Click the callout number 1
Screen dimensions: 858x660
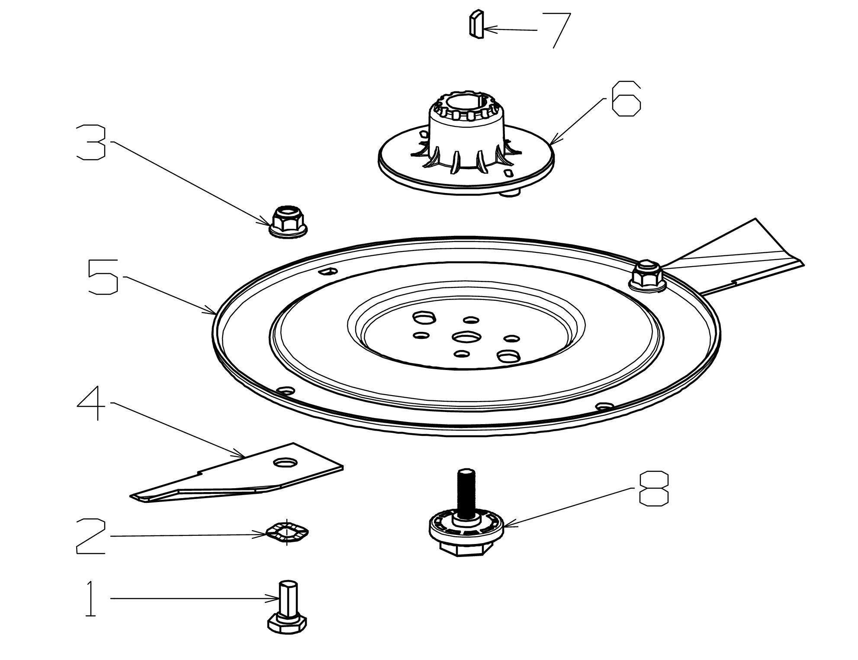click(90, 599)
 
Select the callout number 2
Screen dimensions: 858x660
click(91, 536)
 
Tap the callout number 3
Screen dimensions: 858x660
click(91, 142)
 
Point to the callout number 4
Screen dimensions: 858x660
click(92, 403)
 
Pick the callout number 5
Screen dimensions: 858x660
click(103, 277)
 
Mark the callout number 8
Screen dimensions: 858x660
click(653, 489)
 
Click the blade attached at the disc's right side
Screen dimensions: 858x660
click(736, 260)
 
